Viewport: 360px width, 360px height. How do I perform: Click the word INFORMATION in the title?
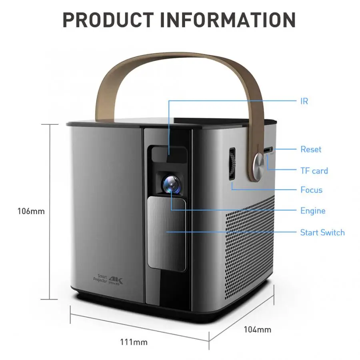[228, 20]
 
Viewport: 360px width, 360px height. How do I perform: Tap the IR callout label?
[304, 101]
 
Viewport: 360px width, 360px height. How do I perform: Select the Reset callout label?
[311, 149]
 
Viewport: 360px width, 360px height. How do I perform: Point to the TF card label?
[314, 171]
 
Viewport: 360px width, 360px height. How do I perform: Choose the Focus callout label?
[311, 190]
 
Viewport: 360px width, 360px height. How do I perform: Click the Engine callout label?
[313, 211]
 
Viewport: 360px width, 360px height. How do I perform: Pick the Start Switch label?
[322, 232]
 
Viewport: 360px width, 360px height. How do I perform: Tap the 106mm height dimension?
[31, 211]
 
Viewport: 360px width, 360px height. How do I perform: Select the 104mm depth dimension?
[258, 330]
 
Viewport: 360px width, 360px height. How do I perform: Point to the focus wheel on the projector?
[232, 164]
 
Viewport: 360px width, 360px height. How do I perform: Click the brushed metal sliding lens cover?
[167, 234]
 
